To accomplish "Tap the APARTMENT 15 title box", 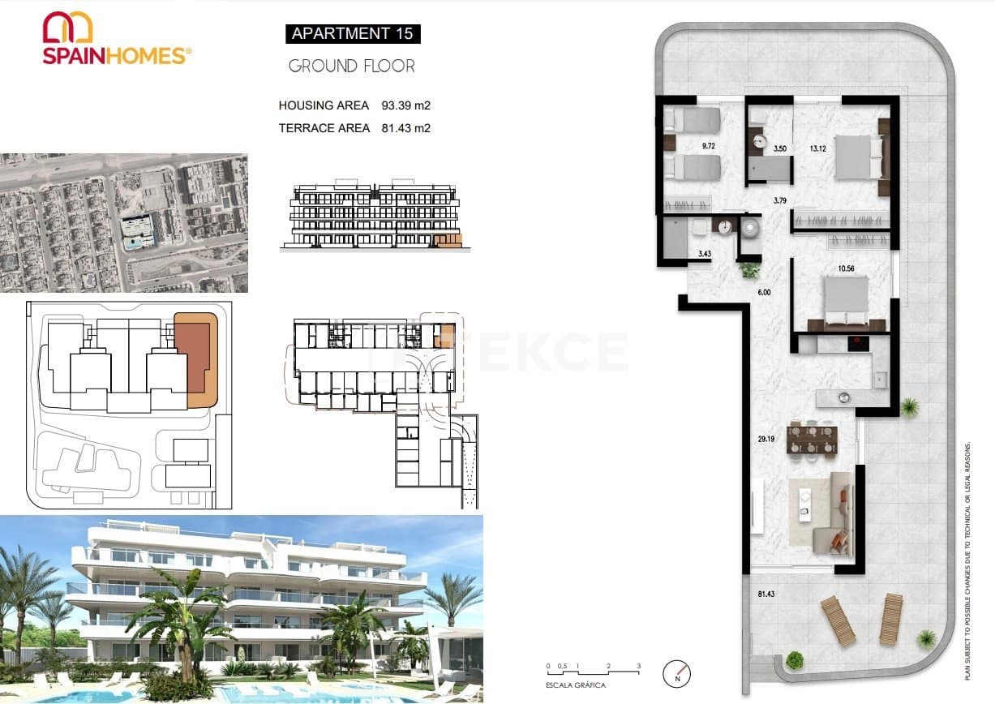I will coord(352,33).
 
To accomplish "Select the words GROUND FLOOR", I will coord(351,67).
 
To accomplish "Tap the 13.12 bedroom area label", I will coord(817,148).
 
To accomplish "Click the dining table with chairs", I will coord(812,439).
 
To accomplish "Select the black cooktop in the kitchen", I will coord(859,344).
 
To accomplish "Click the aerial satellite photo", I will coord(123,223).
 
